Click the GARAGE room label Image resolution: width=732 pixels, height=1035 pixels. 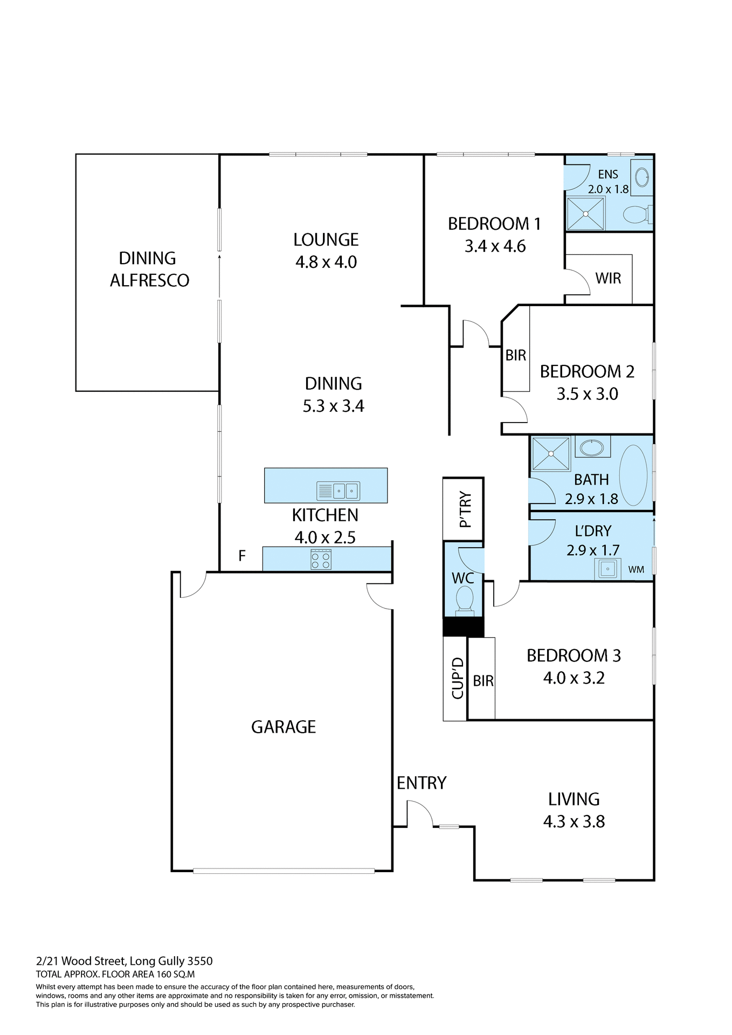(284, 727)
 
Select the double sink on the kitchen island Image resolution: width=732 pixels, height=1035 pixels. (344, 491)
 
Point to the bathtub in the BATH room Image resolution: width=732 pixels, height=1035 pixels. (633, 475)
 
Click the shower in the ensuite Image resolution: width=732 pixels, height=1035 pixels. (585, 213)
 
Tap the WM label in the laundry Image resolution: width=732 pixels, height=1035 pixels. (636, 569)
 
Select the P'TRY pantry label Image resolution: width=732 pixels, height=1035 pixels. (465, 509)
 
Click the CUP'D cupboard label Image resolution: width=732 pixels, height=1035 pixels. (457, 678)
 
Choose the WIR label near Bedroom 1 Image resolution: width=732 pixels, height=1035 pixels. (608, 278)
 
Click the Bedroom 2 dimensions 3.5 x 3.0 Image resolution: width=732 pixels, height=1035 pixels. (587, 394)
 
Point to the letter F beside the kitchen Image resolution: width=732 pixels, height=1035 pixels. (242, 555)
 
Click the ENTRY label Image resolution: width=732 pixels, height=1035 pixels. (422, 783)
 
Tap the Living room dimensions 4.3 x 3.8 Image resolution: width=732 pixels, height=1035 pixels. (574, 822)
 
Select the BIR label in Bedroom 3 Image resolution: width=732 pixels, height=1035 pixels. (483, 681)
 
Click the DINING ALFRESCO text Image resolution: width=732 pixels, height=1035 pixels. (149, 270)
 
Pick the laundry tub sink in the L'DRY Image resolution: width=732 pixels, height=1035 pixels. (607, 569)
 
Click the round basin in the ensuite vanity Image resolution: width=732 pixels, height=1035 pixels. (642, 177)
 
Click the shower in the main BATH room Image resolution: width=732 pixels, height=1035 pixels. (551, 454)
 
